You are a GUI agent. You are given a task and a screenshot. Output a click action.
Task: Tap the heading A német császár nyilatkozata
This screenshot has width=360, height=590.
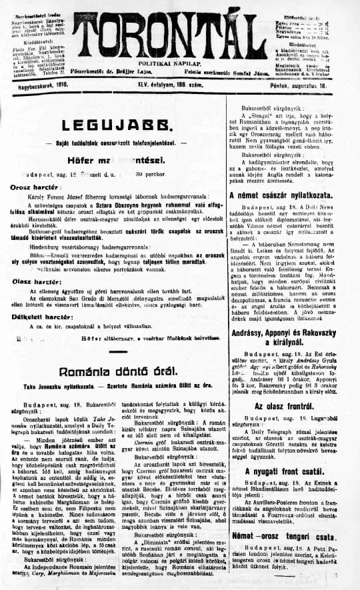click(290, 177)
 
